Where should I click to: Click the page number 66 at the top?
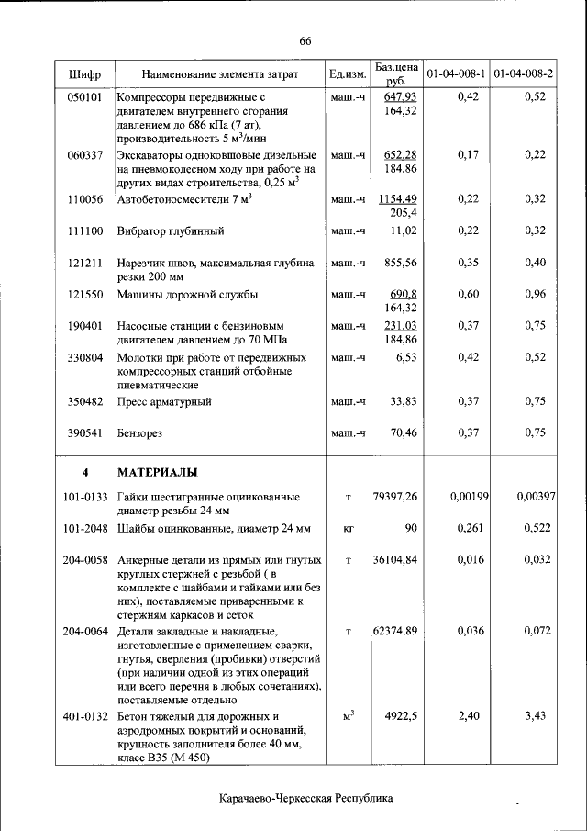(x=305, y=40)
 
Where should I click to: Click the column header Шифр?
(x=84, y=73)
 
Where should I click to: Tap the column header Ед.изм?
(x=348, y=73)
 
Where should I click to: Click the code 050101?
(x=84, y=96)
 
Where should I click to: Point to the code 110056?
(x=84, y=199)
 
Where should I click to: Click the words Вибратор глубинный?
(x=171, y=231)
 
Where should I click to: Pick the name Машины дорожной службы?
(x=187, y=295)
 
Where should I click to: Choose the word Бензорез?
(x=143, y=432)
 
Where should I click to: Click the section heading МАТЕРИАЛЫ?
(x=157, y=472)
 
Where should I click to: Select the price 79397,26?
(x=395, y=497)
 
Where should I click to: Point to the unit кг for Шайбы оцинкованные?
(x=348, y=529)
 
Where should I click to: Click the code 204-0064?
(x=85, y=632)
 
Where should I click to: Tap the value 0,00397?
(x=536, y=497)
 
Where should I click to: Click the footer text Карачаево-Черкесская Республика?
(x=306, y=798)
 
